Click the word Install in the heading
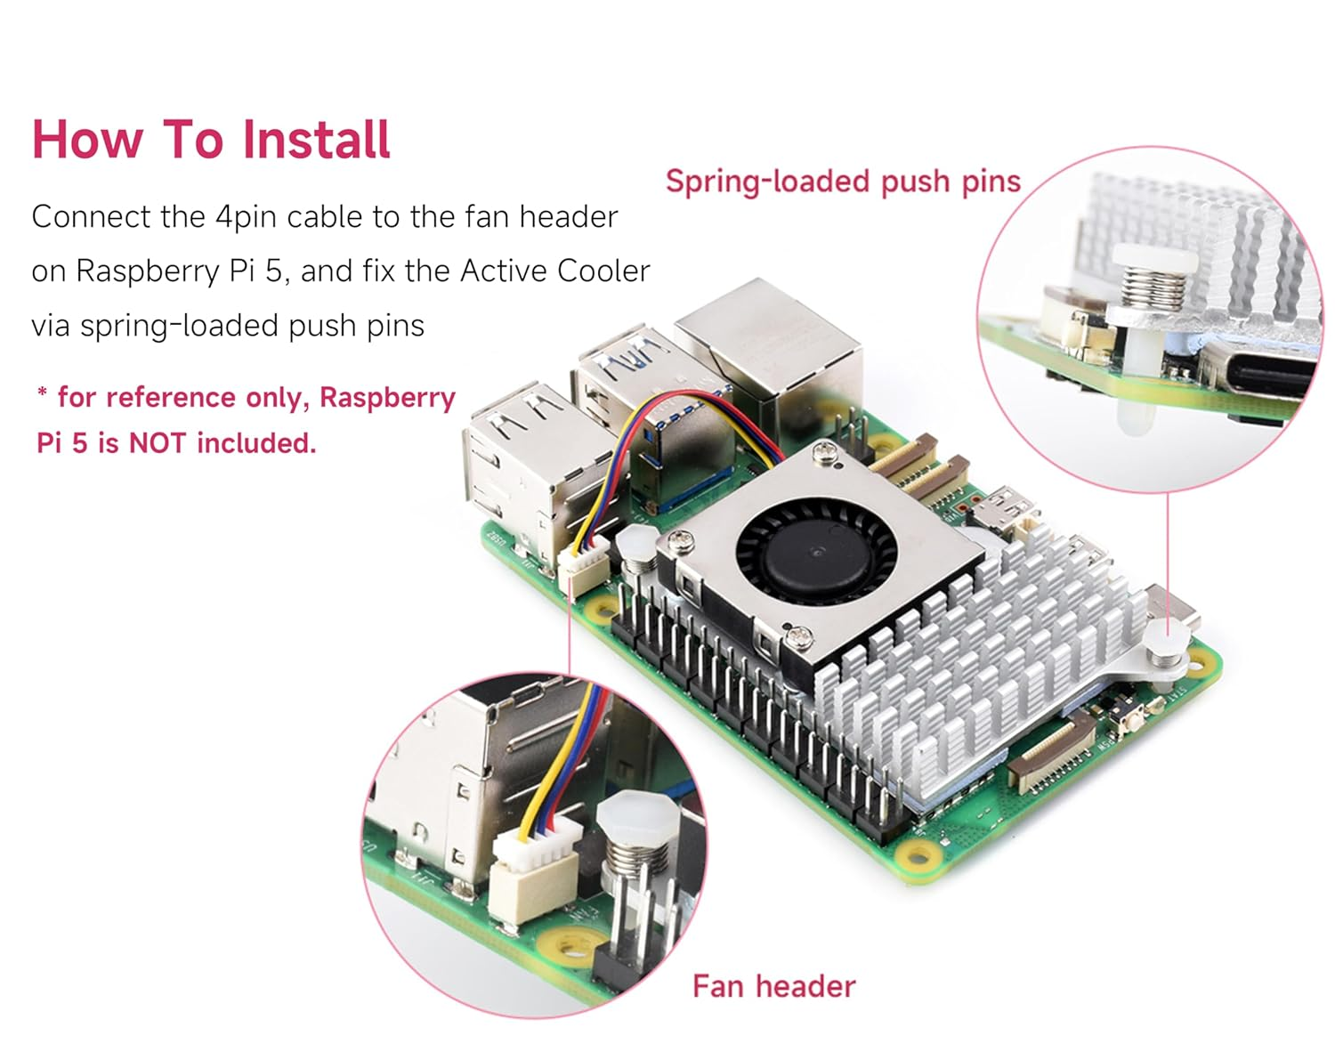[316, 140]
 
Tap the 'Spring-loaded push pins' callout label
[842, 182]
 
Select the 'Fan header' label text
[773, 986]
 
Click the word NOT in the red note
[158, 442]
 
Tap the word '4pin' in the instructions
[246, 217]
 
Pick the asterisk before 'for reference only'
[42, 393]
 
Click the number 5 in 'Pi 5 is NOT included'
[80, 442]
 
